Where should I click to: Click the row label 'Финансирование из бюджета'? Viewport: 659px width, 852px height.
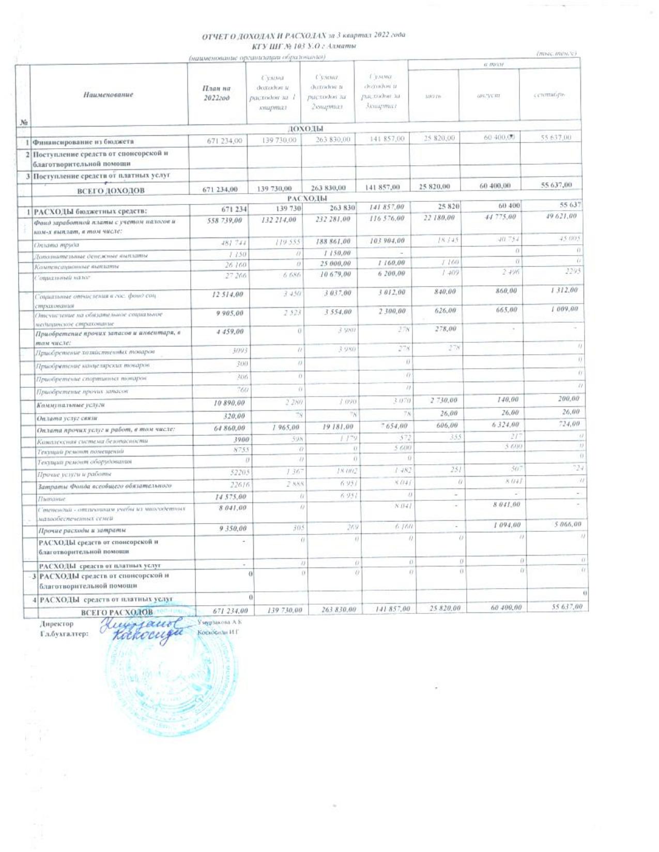[84, 141]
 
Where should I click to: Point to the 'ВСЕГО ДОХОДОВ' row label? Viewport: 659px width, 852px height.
[110, 191]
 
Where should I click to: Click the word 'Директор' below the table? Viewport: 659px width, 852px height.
[57, 623]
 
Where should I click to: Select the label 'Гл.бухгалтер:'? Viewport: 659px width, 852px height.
[64, 633]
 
